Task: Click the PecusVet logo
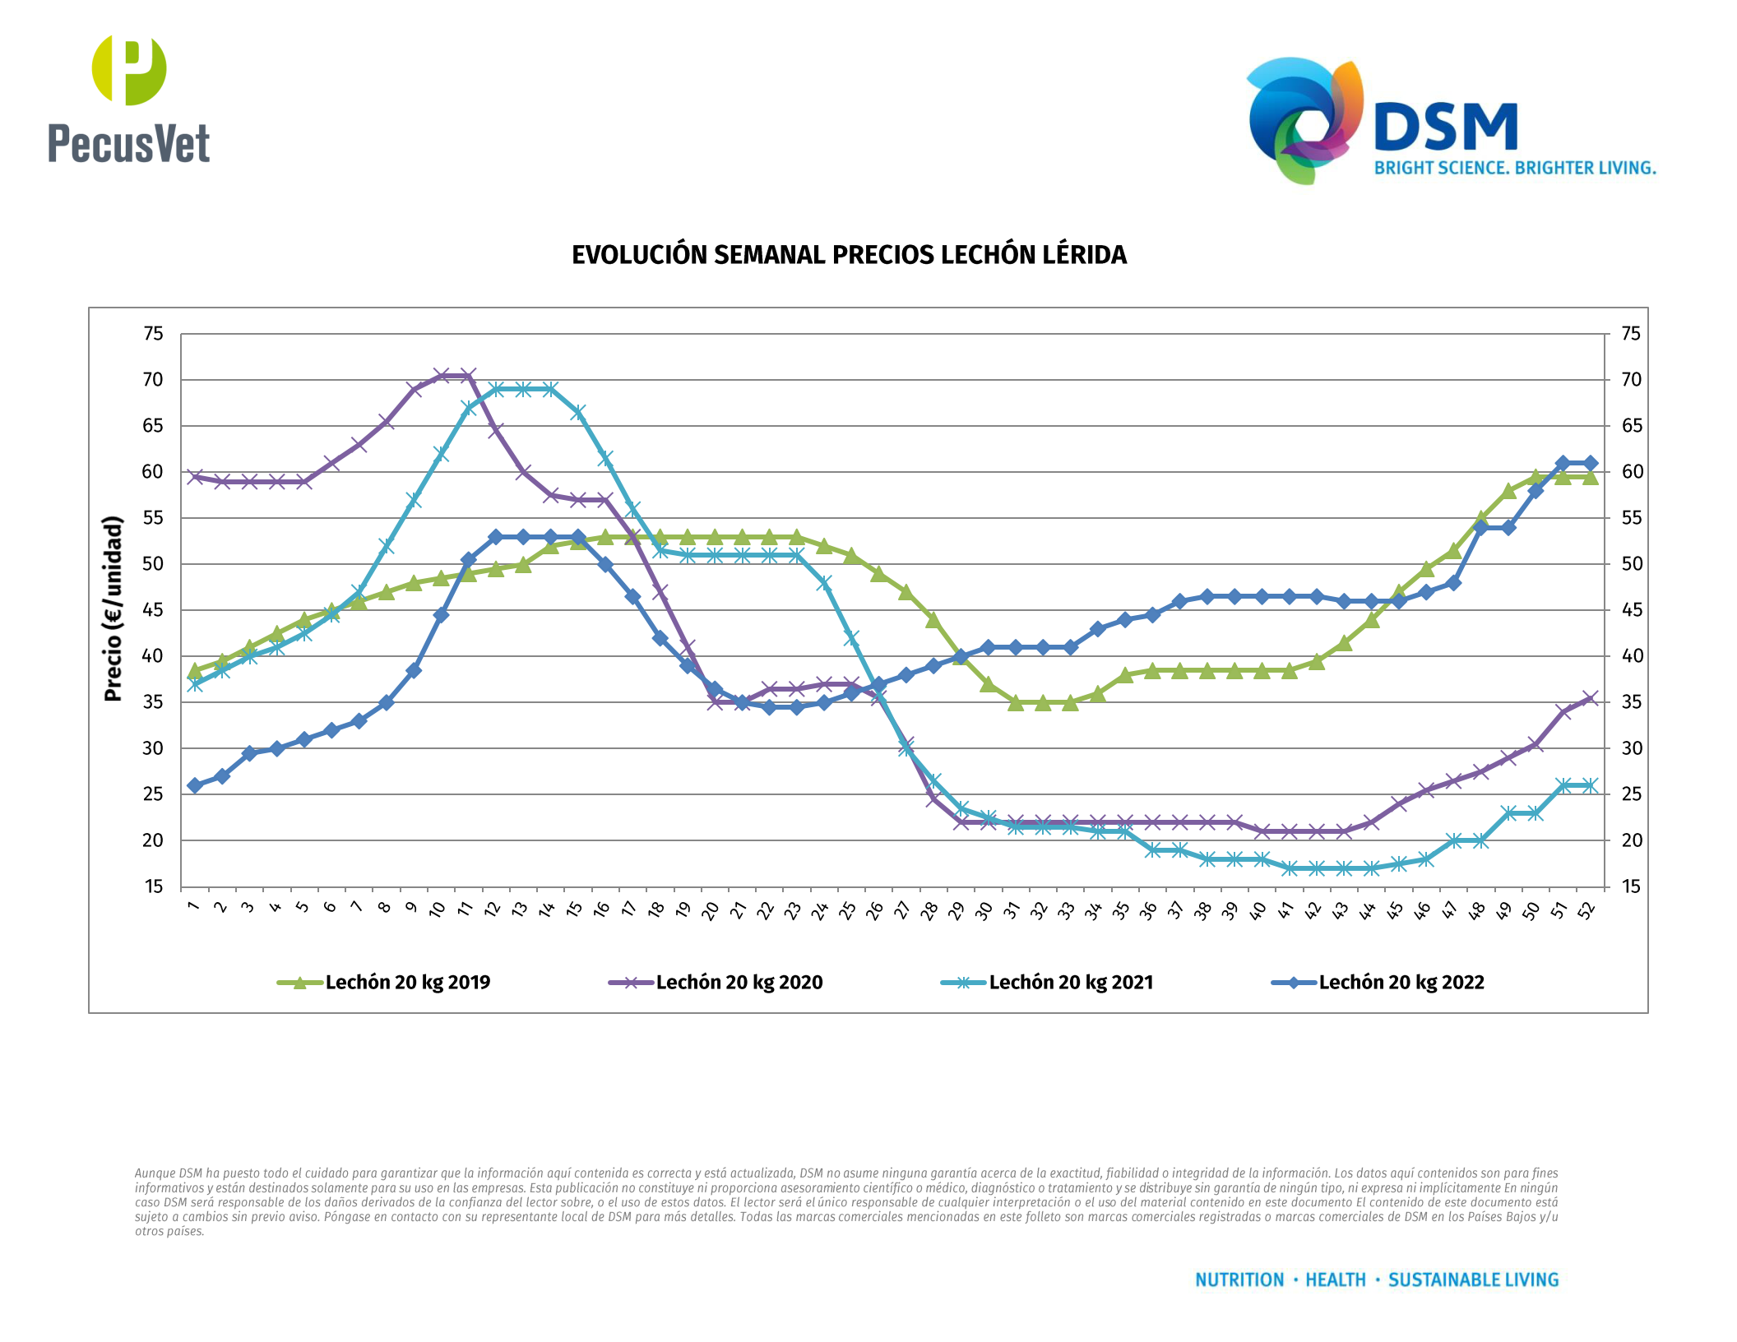pos(129,99)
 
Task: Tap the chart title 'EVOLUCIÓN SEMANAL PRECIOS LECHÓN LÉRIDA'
pos(849,255)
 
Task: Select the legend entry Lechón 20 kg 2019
pos(407,983)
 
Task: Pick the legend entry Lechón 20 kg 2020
pos(739,983)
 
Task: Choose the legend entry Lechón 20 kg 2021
pos(1070,983)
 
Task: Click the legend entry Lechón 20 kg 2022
pos(1401,983)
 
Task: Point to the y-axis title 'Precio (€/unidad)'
pos(113,609)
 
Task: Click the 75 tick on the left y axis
pos(153,334)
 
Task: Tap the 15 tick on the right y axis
pos(1631,886)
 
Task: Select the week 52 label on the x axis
pos(1587,909)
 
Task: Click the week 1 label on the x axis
pos(194,906)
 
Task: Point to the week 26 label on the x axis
pos(875,909)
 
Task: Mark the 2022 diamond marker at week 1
pos(195,785)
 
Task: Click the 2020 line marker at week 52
pos(1590,699)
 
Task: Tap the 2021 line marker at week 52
pos(1590,785)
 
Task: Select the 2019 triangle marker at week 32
pos(1043,702)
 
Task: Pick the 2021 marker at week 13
pos(523,389)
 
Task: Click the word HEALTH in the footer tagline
pos(1336,1280)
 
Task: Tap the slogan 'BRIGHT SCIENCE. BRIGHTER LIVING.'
pos(1515,169)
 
